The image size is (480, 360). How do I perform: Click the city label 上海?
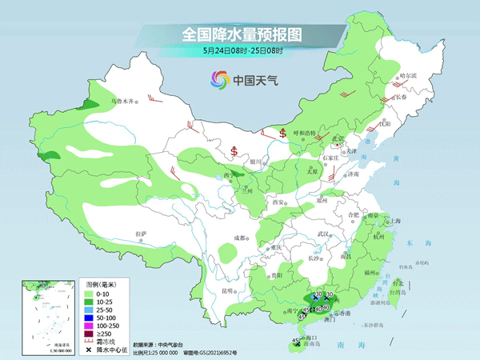[394, 220]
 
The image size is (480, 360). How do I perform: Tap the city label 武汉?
[323, 234]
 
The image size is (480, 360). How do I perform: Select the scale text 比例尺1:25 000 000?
[158, 351]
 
